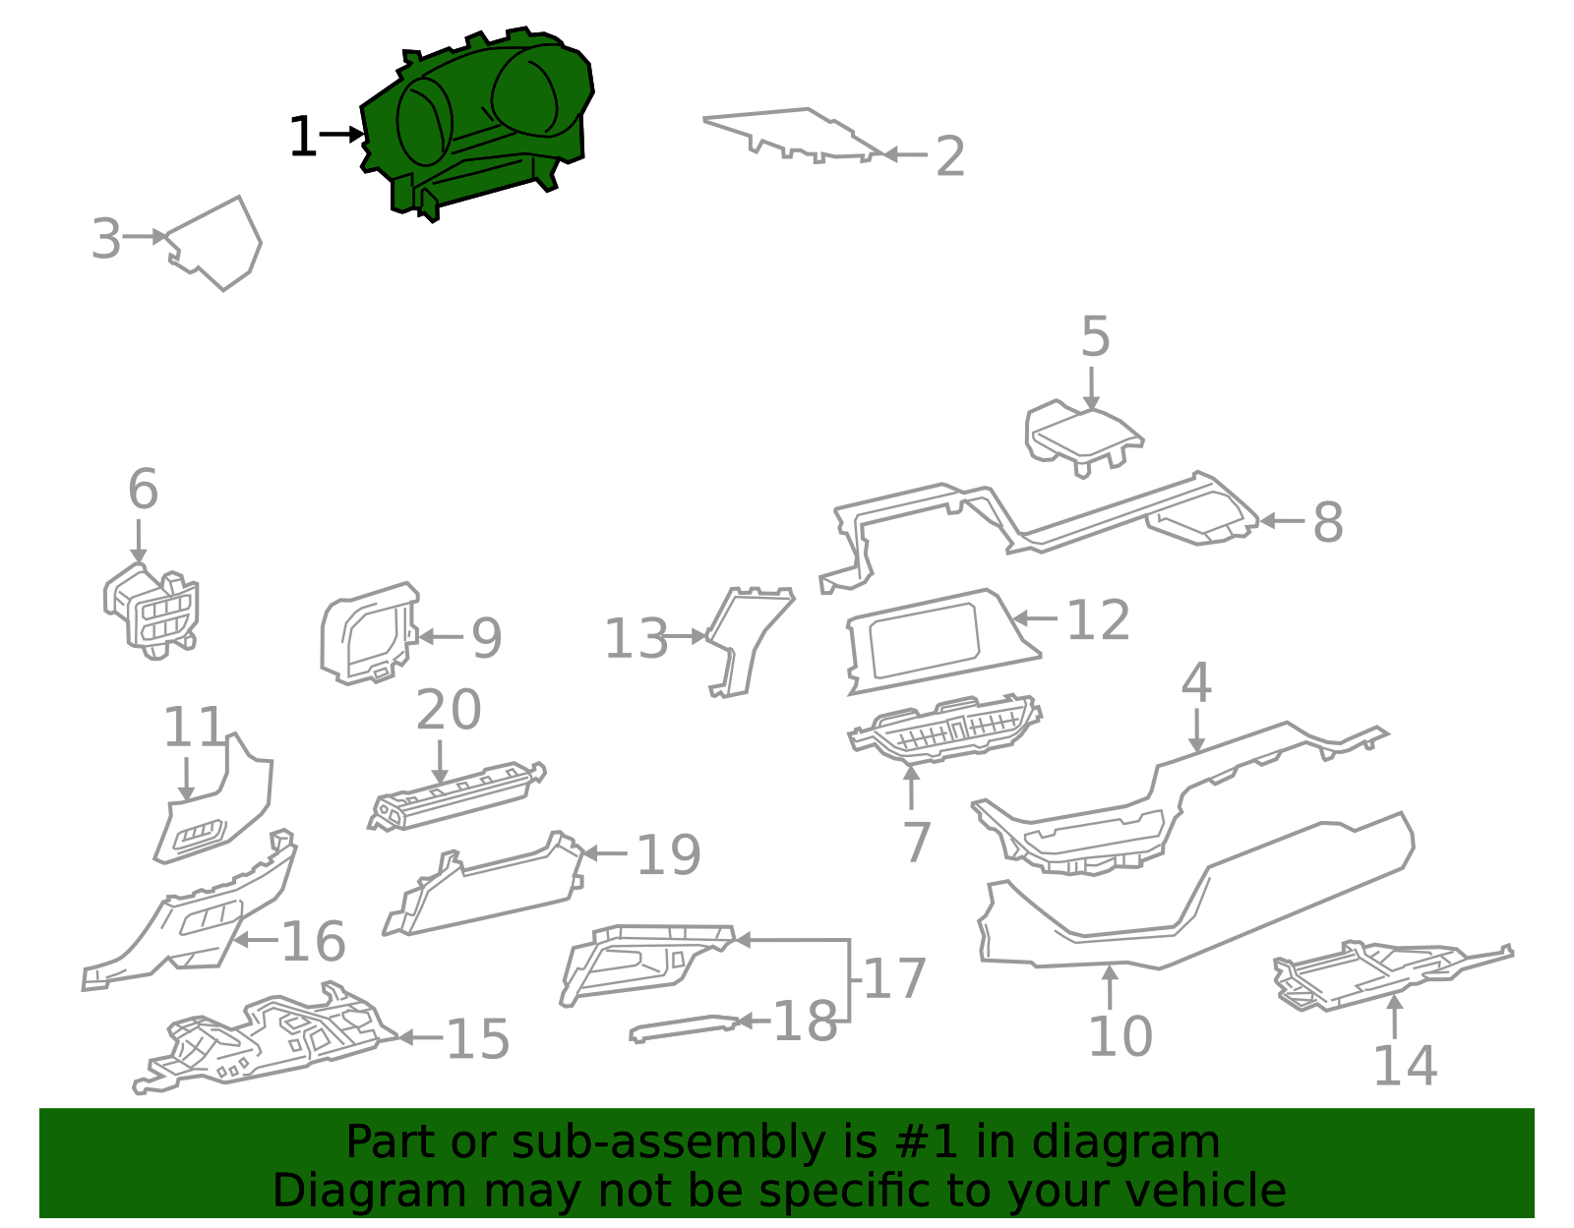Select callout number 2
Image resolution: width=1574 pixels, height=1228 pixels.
pyautogui.click(x=950, y=155)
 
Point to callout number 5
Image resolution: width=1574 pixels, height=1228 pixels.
pyautogui.click(x=1095, y=336)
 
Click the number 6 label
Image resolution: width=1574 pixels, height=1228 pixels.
pyautogui.click(x=143, y=489)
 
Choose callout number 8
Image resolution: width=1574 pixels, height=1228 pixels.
pyautogui.click(x=1328, y=522)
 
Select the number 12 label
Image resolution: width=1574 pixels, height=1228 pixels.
pyautogui.click(x=1098, y=620)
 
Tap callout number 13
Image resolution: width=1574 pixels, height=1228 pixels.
pyautogui.click(x=636, y=638)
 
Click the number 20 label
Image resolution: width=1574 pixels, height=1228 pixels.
pyautogui.click(x=449, y=710)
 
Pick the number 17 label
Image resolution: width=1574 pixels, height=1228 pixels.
pyautogui.click(x=894, y=978)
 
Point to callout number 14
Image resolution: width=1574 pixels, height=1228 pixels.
pyautogui.click(x=1405, y=1066)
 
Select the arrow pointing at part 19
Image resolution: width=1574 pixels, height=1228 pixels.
pyautogui.click(x=605, y=853)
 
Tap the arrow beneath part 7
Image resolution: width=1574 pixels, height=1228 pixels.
pyautogui.click(x=911, y=788)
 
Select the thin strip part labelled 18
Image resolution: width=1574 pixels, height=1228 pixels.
pyautogui.click(x=684, y=1028)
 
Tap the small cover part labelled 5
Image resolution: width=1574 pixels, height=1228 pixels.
pyautogui.click(x=1083, y=438)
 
